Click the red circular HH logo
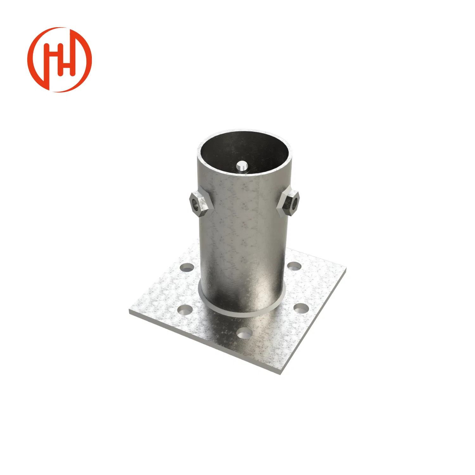(60, 60)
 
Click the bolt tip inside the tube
(242, 166)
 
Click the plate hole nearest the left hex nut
(187, 268)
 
